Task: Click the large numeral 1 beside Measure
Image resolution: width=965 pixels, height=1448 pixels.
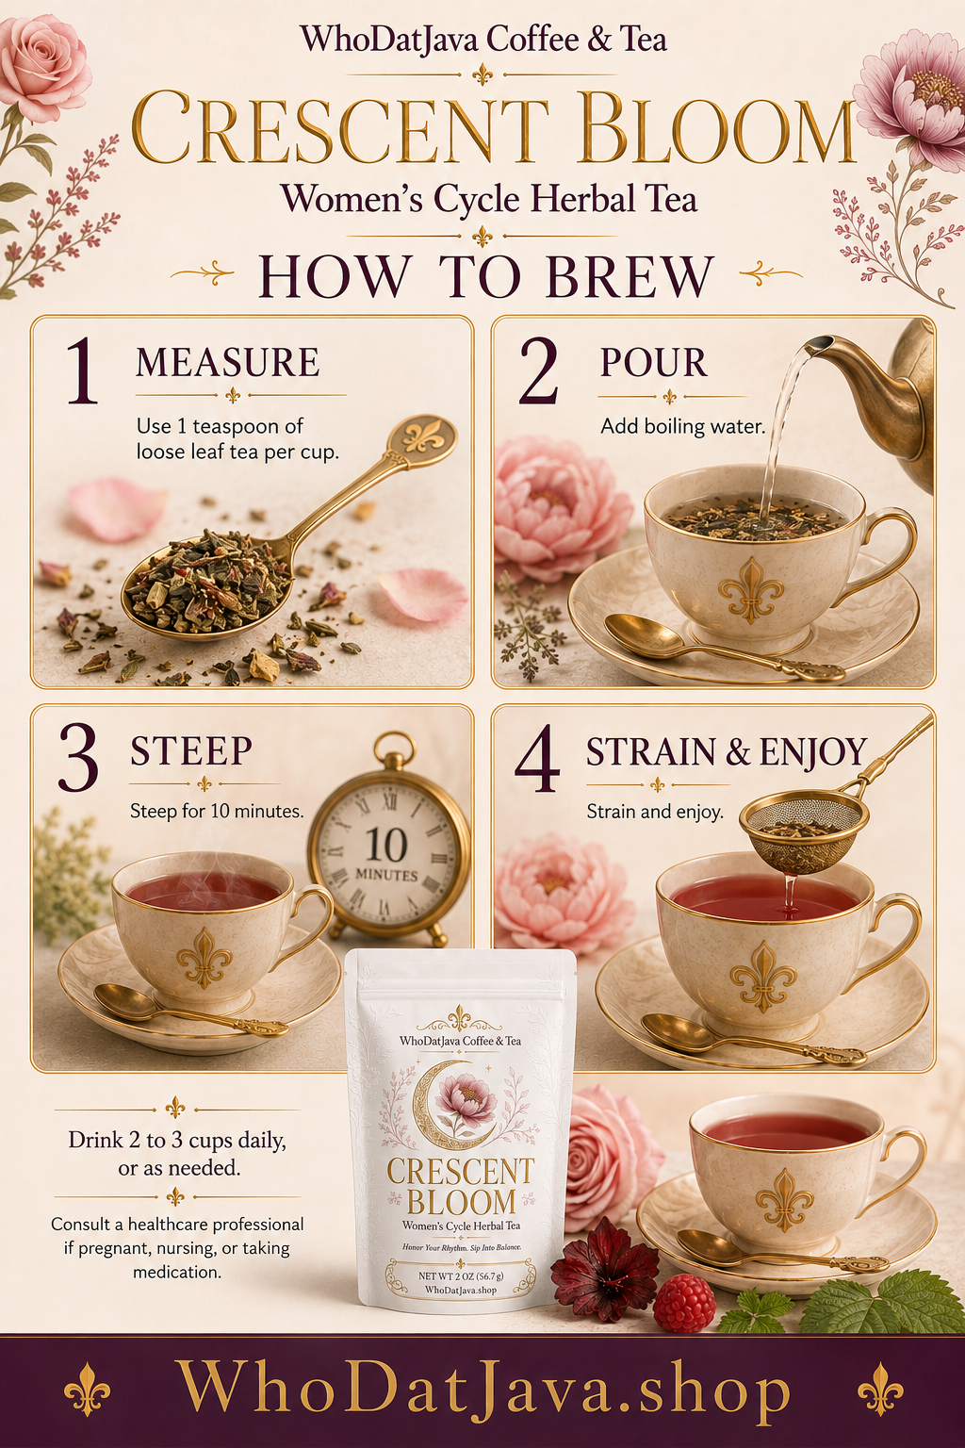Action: tap(83, 371)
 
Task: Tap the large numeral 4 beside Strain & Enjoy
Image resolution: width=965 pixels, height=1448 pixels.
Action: tap(537, 758)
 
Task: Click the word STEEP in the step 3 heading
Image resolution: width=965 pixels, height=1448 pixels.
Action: tap(190, 750)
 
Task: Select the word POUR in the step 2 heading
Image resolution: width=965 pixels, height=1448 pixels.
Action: tap(653, 362)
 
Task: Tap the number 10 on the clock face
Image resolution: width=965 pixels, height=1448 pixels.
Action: tap(385, 845)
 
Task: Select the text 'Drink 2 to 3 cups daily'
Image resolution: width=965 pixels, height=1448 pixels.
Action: tap(177, 1140)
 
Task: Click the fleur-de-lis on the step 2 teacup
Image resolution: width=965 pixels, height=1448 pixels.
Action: tap(751, 590)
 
